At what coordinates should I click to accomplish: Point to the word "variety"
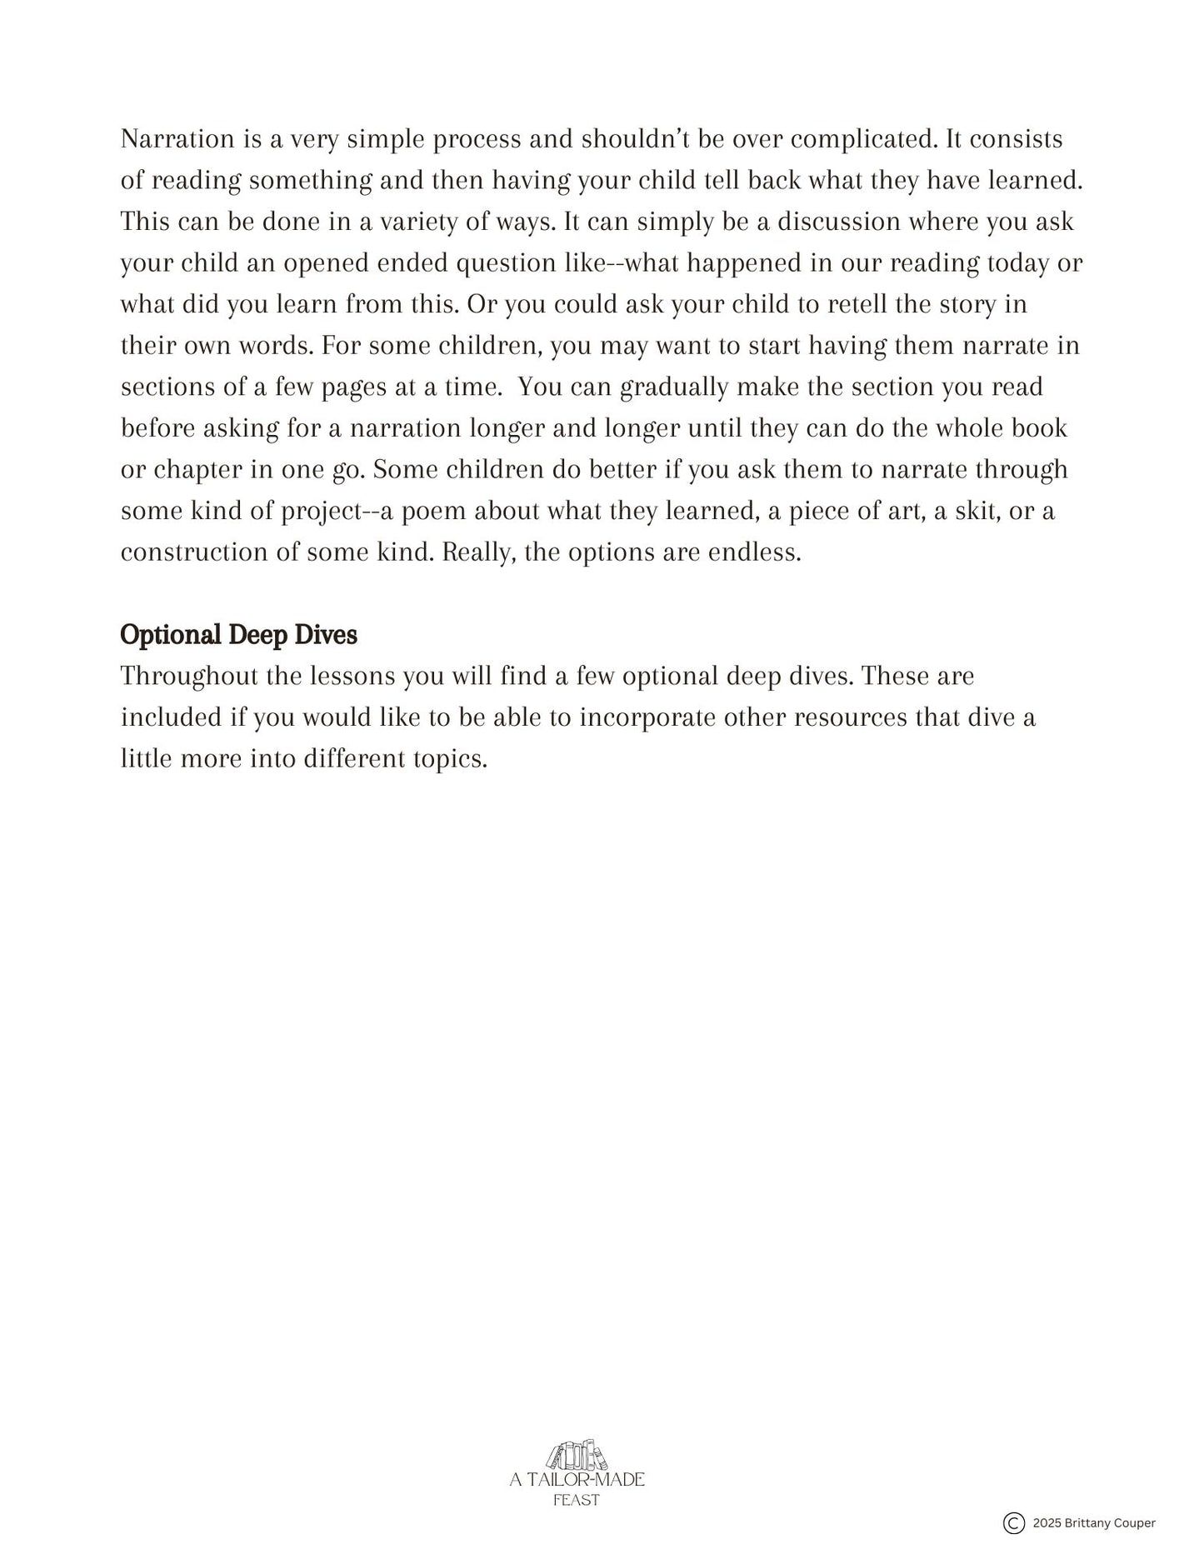tap(415, 222)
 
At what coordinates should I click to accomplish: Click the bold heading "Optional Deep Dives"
tap(238, 635)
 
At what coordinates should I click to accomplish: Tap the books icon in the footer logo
tap(577, 1456)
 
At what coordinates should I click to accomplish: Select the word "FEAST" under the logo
tap(577, 1500)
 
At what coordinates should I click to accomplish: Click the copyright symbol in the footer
tap(1013, 1523)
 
